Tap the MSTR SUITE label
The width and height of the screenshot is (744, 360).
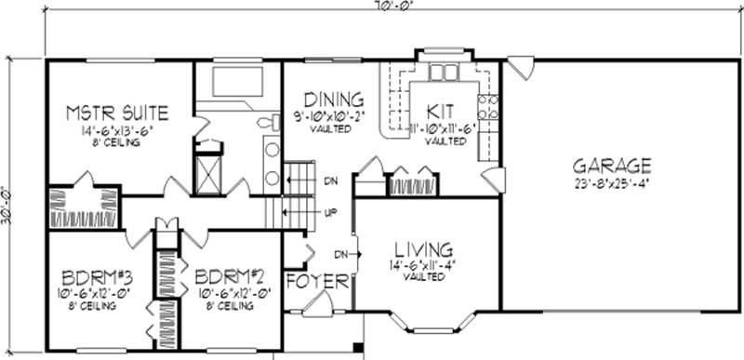click(x=117, y=113)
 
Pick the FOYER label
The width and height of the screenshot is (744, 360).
click(x=317, y=281)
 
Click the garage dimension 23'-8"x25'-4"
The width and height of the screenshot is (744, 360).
click(x=610, y=183)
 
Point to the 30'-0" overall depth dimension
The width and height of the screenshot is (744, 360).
click(x=12, y=207)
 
